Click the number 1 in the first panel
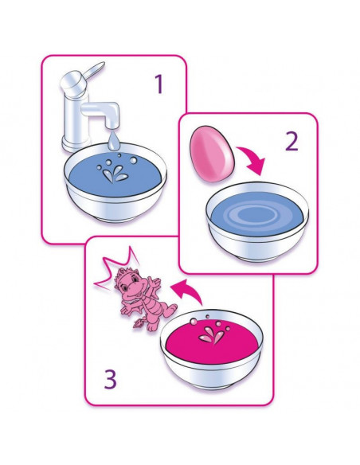click(x=159, y=84)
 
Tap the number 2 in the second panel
click(x=292, y=141)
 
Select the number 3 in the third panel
click(x=110, y=379)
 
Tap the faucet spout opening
click(x=112, y=126)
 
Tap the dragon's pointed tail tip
click(x=138, y=323)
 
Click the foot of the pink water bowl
click(x=211, y=385)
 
